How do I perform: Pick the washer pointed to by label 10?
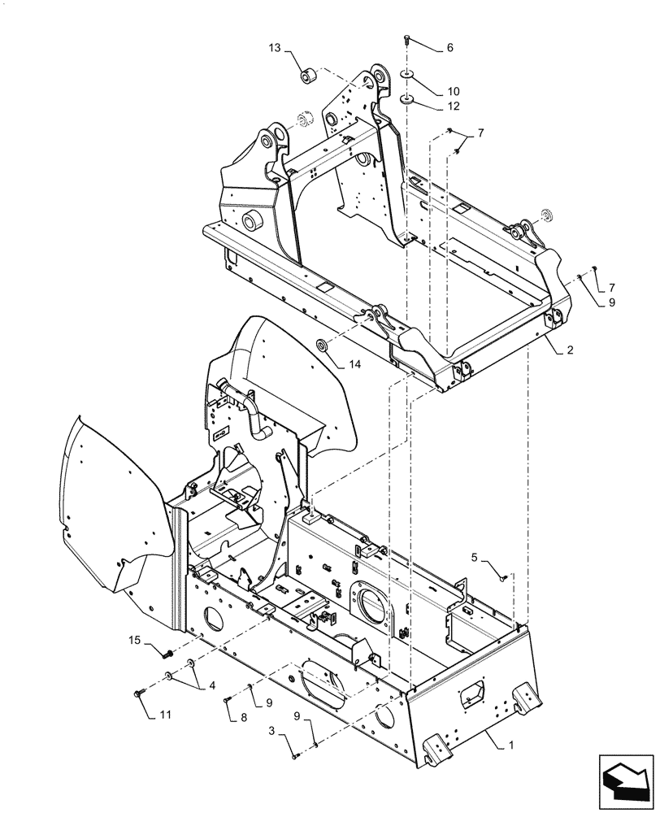pyautogui.click(x=406, y=77)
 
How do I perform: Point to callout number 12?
pyautogui.click(x=453, y=107)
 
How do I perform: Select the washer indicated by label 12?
pyautogui.click(x=406, y=99)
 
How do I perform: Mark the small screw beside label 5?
pyautogui.click(x=503, y=577)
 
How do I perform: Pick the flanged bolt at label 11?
pyautogui.click(x=137, y=693)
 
